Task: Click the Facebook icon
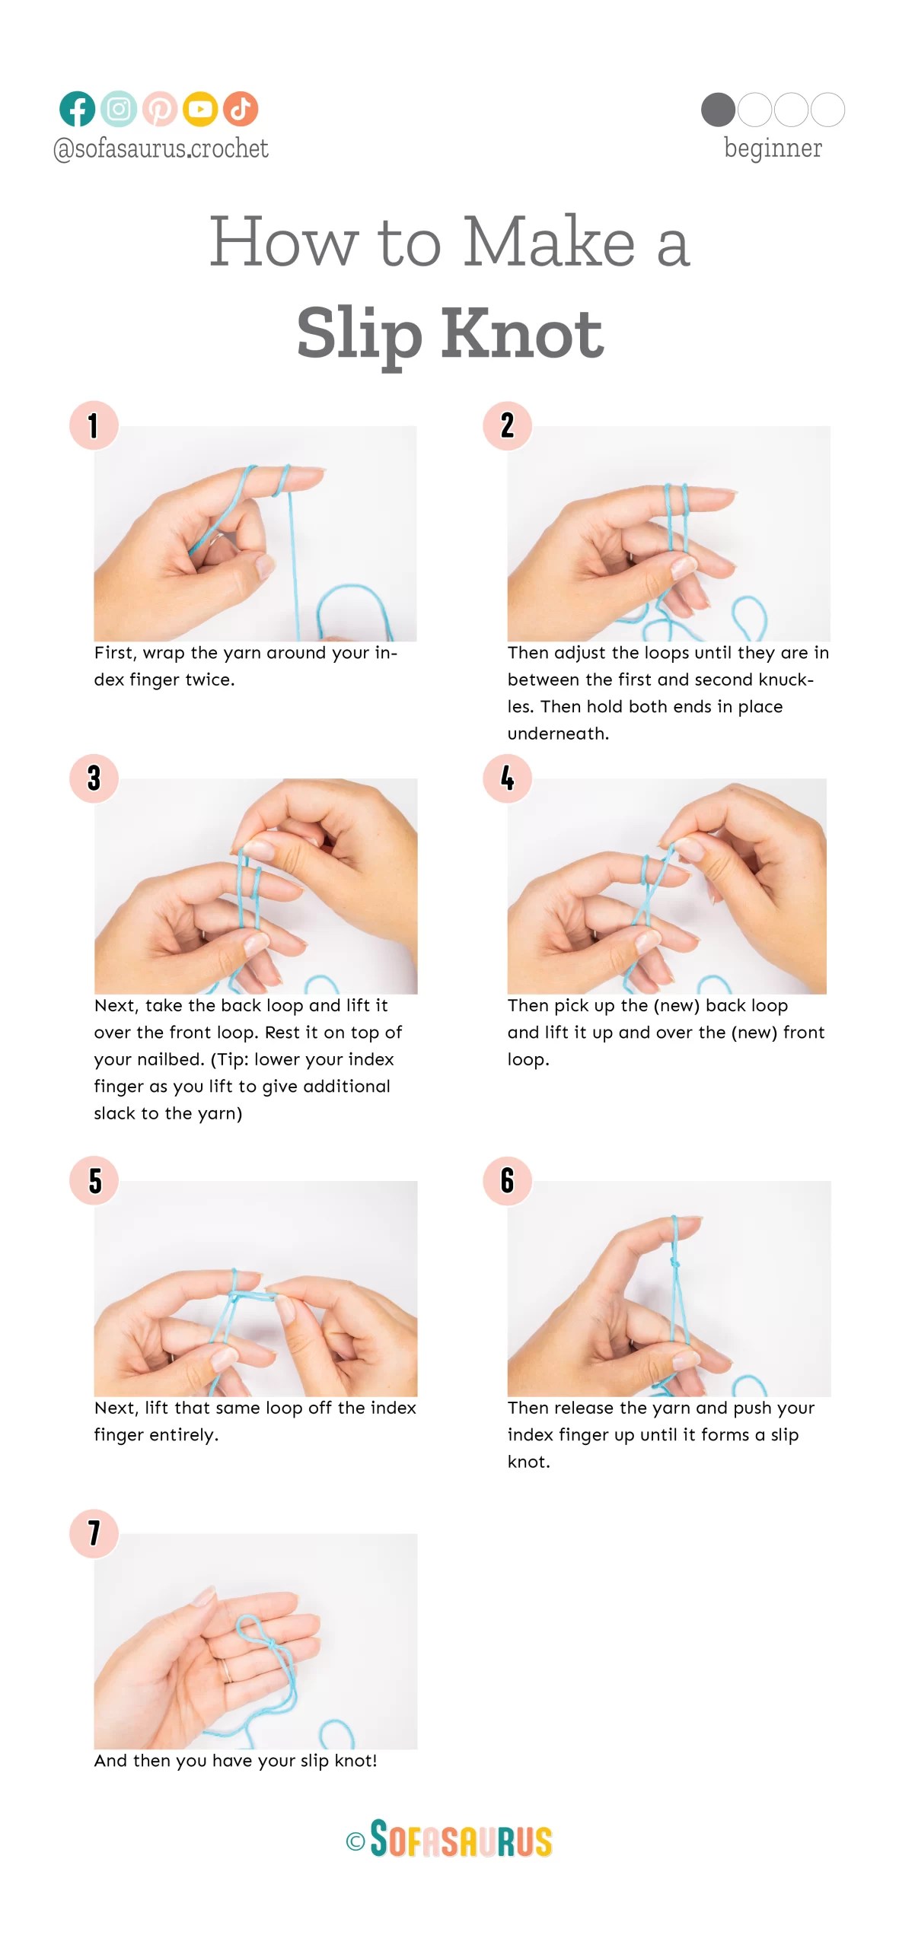[x=77, y=109]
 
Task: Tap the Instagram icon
[x=118, y=109]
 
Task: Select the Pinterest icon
[x=159, y=109]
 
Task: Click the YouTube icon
[x=200, y=109]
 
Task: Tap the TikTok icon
[x=241, y=109]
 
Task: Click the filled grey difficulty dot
[x=718, y=110]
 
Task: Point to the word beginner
[x=773, y=148]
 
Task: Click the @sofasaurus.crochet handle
[x=161, y=148]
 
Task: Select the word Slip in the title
[x=359, y=335]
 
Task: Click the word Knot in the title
[x=522, y=335]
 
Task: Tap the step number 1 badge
[x=94, y=425]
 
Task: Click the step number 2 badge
[x=507, y=425]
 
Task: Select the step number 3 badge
[x=94, y=778]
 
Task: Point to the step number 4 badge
[x=507, y=778]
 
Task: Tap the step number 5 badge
[x=94, y=1180]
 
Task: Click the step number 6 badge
[x=507, y=1180]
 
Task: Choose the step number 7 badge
[x=94, y=1533]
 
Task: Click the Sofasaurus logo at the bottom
[x=461, y=1839]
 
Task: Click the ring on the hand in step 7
[x=226, y=1671]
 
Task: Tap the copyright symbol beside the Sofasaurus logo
[x=355, y=1841]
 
